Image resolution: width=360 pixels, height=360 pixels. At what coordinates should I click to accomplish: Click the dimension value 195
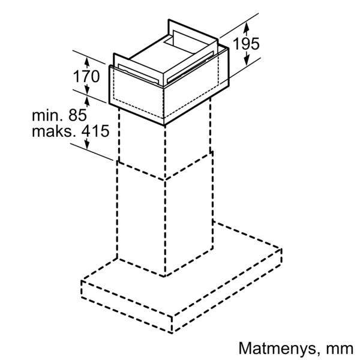246,44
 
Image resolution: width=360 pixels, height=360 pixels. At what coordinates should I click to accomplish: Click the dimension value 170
86,76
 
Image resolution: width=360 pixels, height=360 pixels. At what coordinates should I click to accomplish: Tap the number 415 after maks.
95,131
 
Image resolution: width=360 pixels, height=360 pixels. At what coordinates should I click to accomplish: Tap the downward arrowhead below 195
247,61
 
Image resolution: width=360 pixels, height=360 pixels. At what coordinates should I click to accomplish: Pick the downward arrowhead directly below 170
87,89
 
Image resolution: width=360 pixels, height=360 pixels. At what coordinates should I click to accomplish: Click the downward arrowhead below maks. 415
87,145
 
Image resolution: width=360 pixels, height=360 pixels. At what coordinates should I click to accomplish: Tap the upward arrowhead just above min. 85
87,101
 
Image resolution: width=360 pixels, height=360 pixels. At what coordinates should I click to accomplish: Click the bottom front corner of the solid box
164,125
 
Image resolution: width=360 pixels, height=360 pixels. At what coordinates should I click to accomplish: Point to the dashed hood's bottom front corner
172,332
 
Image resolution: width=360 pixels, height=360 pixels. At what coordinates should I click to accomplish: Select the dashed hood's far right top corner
281,249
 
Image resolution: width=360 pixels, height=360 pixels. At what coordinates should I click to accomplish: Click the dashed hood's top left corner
82,281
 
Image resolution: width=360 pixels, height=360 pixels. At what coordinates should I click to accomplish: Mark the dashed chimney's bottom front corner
164,276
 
